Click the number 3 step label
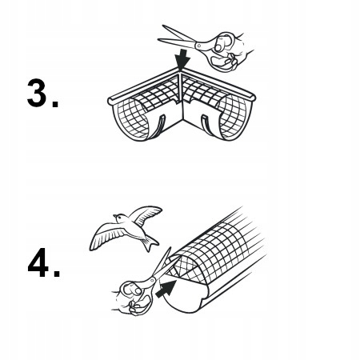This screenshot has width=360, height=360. click(x=37, y=93)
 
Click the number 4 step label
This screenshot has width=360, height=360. click(x=38, y=262)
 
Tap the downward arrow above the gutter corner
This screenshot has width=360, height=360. click(x=182, y=59)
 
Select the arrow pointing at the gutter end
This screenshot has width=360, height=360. click(x=166, y=289)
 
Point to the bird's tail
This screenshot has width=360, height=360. click(x=150, y=243)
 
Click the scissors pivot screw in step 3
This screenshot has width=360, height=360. click(x=198, y=46)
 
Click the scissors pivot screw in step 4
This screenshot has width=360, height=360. click(x=153, y=281)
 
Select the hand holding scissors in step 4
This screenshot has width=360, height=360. click(x=131, y=298)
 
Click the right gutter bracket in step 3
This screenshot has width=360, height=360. click(x=207, y=125)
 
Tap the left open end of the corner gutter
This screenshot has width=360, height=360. click(x=131, y=118)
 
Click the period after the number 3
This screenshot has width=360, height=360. click(x=55, y=104)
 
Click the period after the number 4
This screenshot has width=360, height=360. click(x=56, y=273)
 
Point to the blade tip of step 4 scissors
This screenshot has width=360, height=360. click(x=170, y=249)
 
